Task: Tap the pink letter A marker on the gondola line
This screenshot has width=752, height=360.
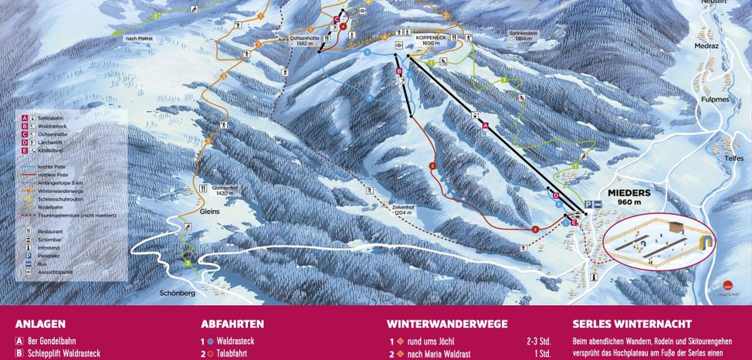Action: point(485,125)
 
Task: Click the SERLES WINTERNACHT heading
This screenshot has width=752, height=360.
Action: point(632,324)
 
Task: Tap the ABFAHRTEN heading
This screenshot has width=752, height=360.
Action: point(232,324)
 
